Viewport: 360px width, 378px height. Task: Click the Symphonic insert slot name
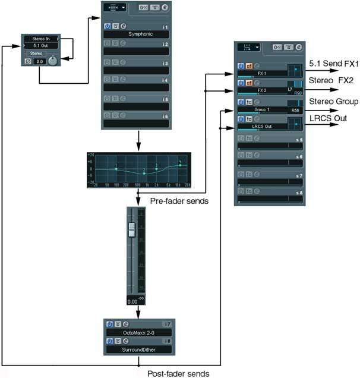point(136,34)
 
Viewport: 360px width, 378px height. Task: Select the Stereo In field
point(40,38)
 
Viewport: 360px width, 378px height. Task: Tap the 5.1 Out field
point(40,45)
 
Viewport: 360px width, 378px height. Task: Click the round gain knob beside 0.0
point(52,61)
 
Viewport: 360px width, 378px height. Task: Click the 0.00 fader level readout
point(132,301)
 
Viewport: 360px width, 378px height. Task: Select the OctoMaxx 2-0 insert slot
point(136,334)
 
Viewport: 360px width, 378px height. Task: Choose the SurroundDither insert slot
point(136,350)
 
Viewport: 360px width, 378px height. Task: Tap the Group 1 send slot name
point(261,111)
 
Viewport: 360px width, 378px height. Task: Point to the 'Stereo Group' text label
point(334,102)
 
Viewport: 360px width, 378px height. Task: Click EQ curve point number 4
point(179,165)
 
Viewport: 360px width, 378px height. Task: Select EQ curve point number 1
point(116,169)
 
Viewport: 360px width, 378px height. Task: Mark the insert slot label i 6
point(166,116)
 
